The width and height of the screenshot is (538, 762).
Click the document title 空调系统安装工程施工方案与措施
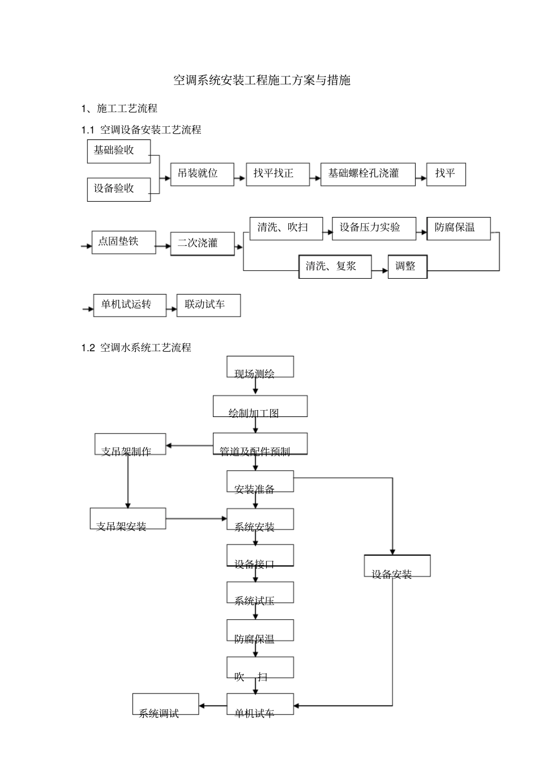(262, 80)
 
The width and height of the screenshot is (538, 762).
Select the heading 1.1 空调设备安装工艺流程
(142, 130)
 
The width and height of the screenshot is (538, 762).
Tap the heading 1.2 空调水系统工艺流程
(136, 347)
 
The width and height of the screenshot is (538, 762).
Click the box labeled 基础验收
(119, 151)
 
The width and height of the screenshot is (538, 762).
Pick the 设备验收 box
(119, 189)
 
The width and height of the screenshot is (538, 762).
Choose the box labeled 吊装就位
(202, 174)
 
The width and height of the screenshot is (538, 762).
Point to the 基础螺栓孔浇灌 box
(368, 174)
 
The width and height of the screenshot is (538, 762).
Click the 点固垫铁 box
(123, 242)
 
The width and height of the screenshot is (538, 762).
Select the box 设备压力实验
(374, 228)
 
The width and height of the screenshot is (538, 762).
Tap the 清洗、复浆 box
(335, 266)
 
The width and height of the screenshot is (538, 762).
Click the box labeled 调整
(407, 266)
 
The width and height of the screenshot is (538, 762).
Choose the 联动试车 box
(208, 305)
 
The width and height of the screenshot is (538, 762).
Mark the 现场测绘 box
(260, 367)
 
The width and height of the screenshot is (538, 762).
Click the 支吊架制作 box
(130, 445)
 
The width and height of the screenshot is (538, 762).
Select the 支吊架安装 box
(128, 519)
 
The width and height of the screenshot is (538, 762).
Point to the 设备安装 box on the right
(397, 566)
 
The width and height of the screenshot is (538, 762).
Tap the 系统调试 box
(165, 705)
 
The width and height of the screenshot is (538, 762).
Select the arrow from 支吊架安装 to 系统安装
(196, 518)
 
